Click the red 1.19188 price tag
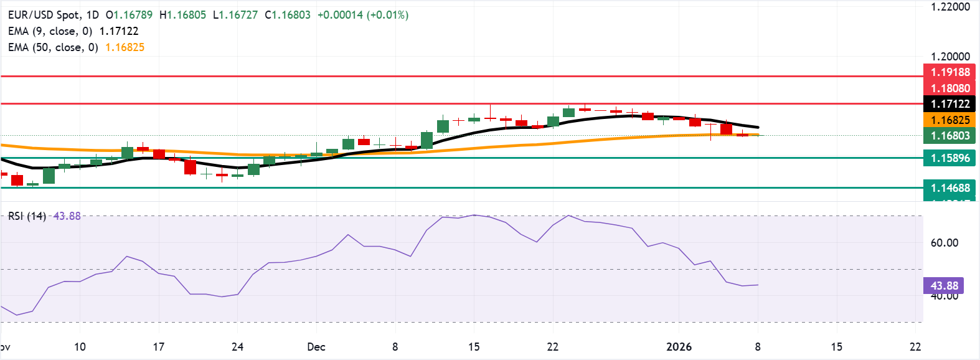pyautogui.click(x=949, y=72)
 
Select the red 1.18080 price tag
pyautogui.click(x=949, y=88)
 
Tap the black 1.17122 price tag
pyautogui.click(x=949, y=104)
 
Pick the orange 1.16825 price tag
pyautogui.click(x=949, y=120)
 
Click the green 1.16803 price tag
pyautogui.click(x=949, y=136)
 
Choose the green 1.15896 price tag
pyautogui.click(x=949, y=158)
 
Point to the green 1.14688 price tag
pyautogui.click(x=949, y=188)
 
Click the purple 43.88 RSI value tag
pyautogui.click(x=944, y=286)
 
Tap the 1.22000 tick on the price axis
pyautogui.click(x=950, y=7)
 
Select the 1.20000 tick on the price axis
pyautogui.click(x=950, y=57)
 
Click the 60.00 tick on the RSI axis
pyautogui.click(x=944, y=243)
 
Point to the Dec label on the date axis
pyautogui.click(x=316, y=347)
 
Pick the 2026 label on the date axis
pyautogui.click(x=679, y=347)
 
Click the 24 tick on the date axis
pyautogui.click(x=237, y=347)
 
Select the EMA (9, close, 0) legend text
pyautogui.click(x=50, y=31)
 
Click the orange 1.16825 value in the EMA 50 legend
pyautogui.click(x=125, y=47)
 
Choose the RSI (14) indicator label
pyautogui.click(x=27, y=216)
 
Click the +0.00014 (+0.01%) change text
pyautogui.click(x=363, y=15)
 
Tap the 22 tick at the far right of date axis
pyautogui.click(x=915, y=347)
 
